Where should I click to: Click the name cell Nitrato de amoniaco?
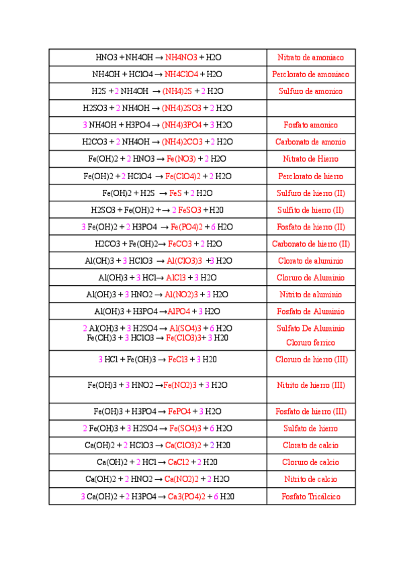click(310, 58)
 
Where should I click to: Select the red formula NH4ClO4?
click(181, 74)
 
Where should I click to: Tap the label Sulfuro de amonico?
click(310, 91)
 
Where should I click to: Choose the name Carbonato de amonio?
click(310, 142)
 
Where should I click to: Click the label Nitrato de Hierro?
click(310, 159)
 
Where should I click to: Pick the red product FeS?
click(175, 193)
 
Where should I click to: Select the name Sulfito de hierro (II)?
click(310, 210)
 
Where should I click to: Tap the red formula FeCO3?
click(180, 244)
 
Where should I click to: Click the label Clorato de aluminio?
click(310, 261)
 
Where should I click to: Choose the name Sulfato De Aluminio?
click(310, 329)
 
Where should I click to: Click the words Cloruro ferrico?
click(310, 342)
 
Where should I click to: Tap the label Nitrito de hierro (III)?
click(310, 385)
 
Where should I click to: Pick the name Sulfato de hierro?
click(310, 429)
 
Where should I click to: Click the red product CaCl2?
click(179, 462)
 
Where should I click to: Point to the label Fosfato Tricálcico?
click(310, 497)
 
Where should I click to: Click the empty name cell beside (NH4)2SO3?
click(310, 108)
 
